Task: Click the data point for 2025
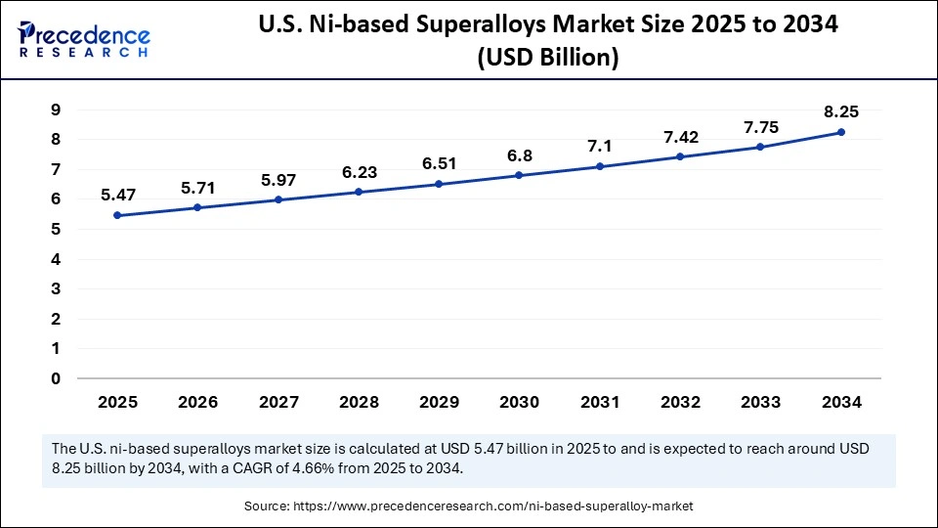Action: [x=117, y=215]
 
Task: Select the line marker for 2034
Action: [x=841, y=132]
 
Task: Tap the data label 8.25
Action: [x=841, y=111]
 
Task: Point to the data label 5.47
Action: [x=117, y=196]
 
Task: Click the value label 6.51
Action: [x=439, y=163]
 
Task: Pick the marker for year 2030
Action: [x=519, y=175]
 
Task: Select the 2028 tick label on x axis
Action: [x=359, y=402]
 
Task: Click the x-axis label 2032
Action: [x=680, y=402]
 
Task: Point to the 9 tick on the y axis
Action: [x=57, y=110]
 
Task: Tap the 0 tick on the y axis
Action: [x=57, y=378]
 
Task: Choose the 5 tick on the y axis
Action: [x=57, y=229]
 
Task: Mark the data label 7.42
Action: [x=680, y=136]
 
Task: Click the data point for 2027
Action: [x=278, y=199]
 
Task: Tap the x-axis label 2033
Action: [x=760, y=402]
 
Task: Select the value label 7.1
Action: [x=600, y=146]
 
